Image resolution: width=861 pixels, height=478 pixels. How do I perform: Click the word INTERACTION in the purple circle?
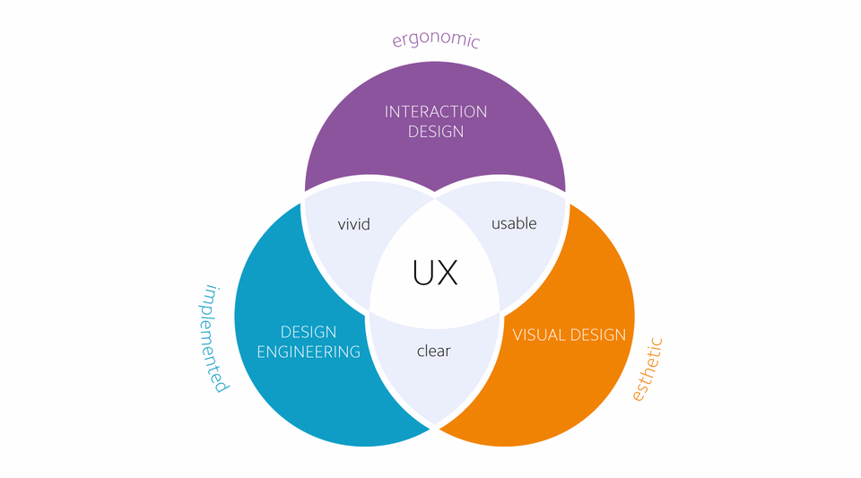436,112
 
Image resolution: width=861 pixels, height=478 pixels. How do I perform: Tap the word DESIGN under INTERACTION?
436,132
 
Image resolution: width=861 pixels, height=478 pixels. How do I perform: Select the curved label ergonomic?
436,39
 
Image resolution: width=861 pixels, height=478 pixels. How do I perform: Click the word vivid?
353,224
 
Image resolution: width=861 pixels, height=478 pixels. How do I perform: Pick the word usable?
514,223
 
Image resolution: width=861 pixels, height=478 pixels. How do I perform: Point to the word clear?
433,351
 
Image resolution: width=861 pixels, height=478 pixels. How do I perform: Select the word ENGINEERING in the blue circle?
309,352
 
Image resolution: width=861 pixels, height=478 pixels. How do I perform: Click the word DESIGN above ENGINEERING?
309,332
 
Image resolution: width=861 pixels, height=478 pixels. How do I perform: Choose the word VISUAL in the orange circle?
538,335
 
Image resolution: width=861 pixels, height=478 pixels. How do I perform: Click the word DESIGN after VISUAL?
598,335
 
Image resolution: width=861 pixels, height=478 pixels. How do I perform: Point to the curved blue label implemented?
213,339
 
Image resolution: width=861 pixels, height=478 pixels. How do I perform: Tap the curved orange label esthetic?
648,369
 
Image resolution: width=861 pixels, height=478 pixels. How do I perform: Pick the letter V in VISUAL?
517,335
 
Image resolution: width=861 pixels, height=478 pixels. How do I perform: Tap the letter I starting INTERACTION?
386,112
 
